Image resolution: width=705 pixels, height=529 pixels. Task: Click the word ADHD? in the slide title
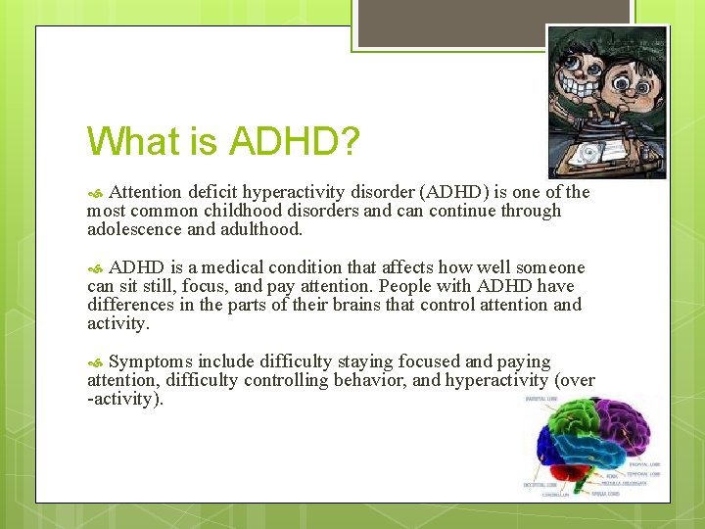coord(294,142)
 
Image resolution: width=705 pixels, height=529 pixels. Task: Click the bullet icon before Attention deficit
coord(94,193)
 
